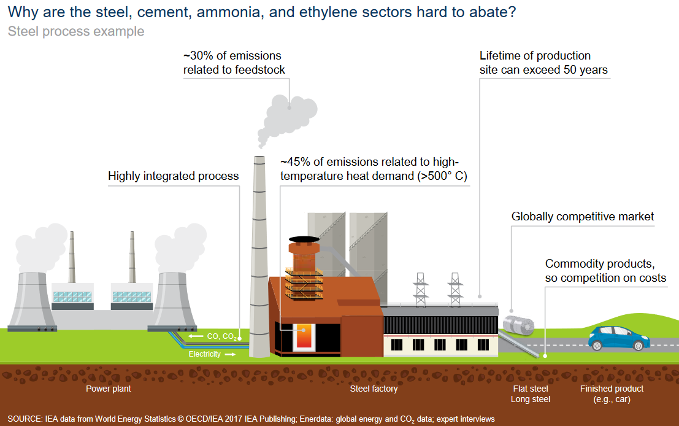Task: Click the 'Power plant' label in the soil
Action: (x=109, y=389)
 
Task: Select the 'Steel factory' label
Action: (x=374, y=389)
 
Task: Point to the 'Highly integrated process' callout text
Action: (x=173, y=176)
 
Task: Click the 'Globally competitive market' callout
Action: (x=583, y=217)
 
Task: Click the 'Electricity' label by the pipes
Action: (x=205, y=354)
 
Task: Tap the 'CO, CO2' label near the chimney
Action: (x=220, y=336)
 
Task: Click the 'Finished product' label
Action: (x=612, y=389)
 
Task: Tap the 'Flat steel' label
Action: (x=531, y=389)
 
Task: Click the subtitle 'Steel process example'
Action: (x=76, y=31)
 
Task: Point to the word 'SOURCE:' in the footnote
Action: (x=25, y=419)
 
